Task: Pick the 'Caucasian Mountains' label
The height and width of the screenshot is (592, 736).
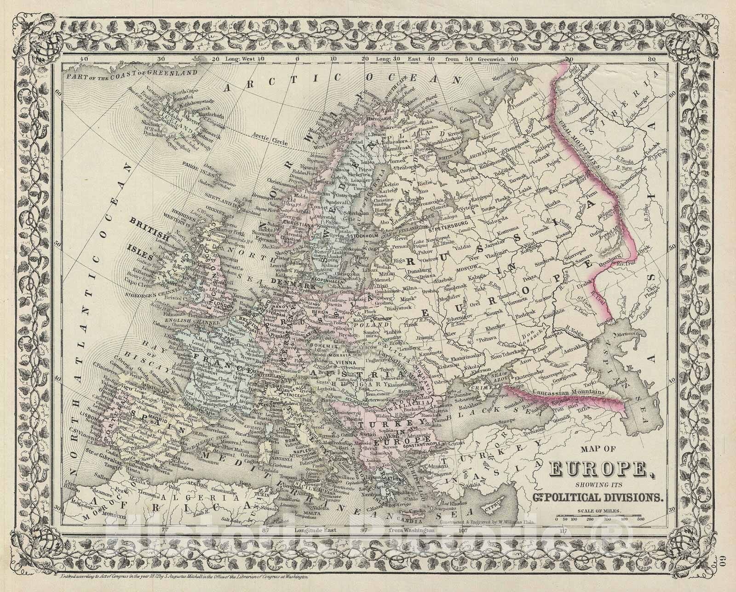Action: (x=567, y=393)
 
